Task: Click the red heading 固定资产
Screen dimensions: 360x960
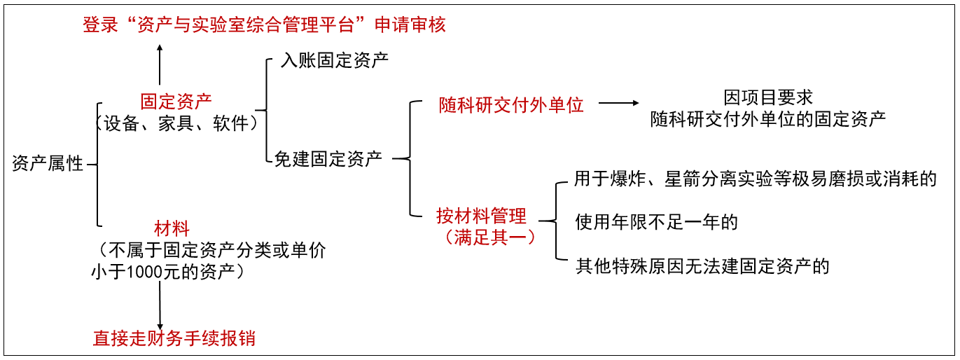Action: tap(176, 102)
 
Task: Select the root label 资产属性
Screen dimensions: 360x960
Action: tap(48, 165)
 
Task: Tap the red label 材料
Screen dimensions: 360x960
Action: tap(172, 228)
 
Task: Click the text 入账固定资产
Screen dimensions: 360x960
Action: tap(335, 60)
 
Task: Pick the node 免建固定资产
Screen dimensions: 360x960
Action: tap(328, 158)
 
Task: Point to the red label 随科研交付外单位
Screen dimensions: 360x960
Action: tap(511, 105)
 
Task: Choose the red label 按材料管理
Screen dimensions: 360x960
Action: tap(481, 216)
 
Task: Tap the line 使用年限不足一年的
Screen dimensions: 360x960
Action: tap(656, 223)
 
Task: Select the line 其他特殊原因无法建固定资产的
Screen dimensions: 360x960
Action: tap(702, 266)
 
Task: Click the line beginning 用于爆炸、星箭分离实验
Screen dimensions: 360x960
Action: tap(755, 179)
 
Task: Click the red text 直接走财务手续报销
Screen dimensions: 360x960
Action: tap(174, 339)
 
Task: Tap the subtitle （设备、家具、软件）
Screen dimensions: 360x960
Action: tap(176, 123)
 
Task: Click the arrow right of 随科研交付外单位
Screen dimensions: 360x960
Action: tap(620, 104)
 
